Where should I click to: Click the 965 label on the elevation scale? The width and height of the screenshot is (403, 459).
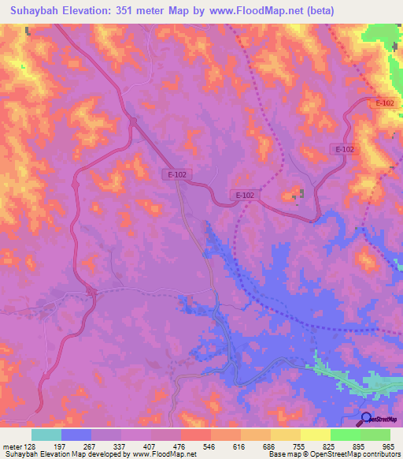coord(388,446)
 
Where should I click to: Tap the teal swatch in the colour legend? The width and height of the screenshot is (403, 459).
coord(47,435)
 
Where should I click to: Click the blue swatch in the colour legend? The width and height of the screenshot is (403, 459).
coord(76,435)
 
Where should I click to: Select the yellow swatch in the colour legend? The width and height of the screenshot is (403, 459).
coord(286,435)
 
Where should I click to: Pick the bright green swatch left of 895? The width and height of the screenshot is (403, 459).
coord(345,435)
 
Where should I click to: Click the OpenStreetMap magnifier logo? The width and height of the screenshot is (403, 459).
coord(365,419)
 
